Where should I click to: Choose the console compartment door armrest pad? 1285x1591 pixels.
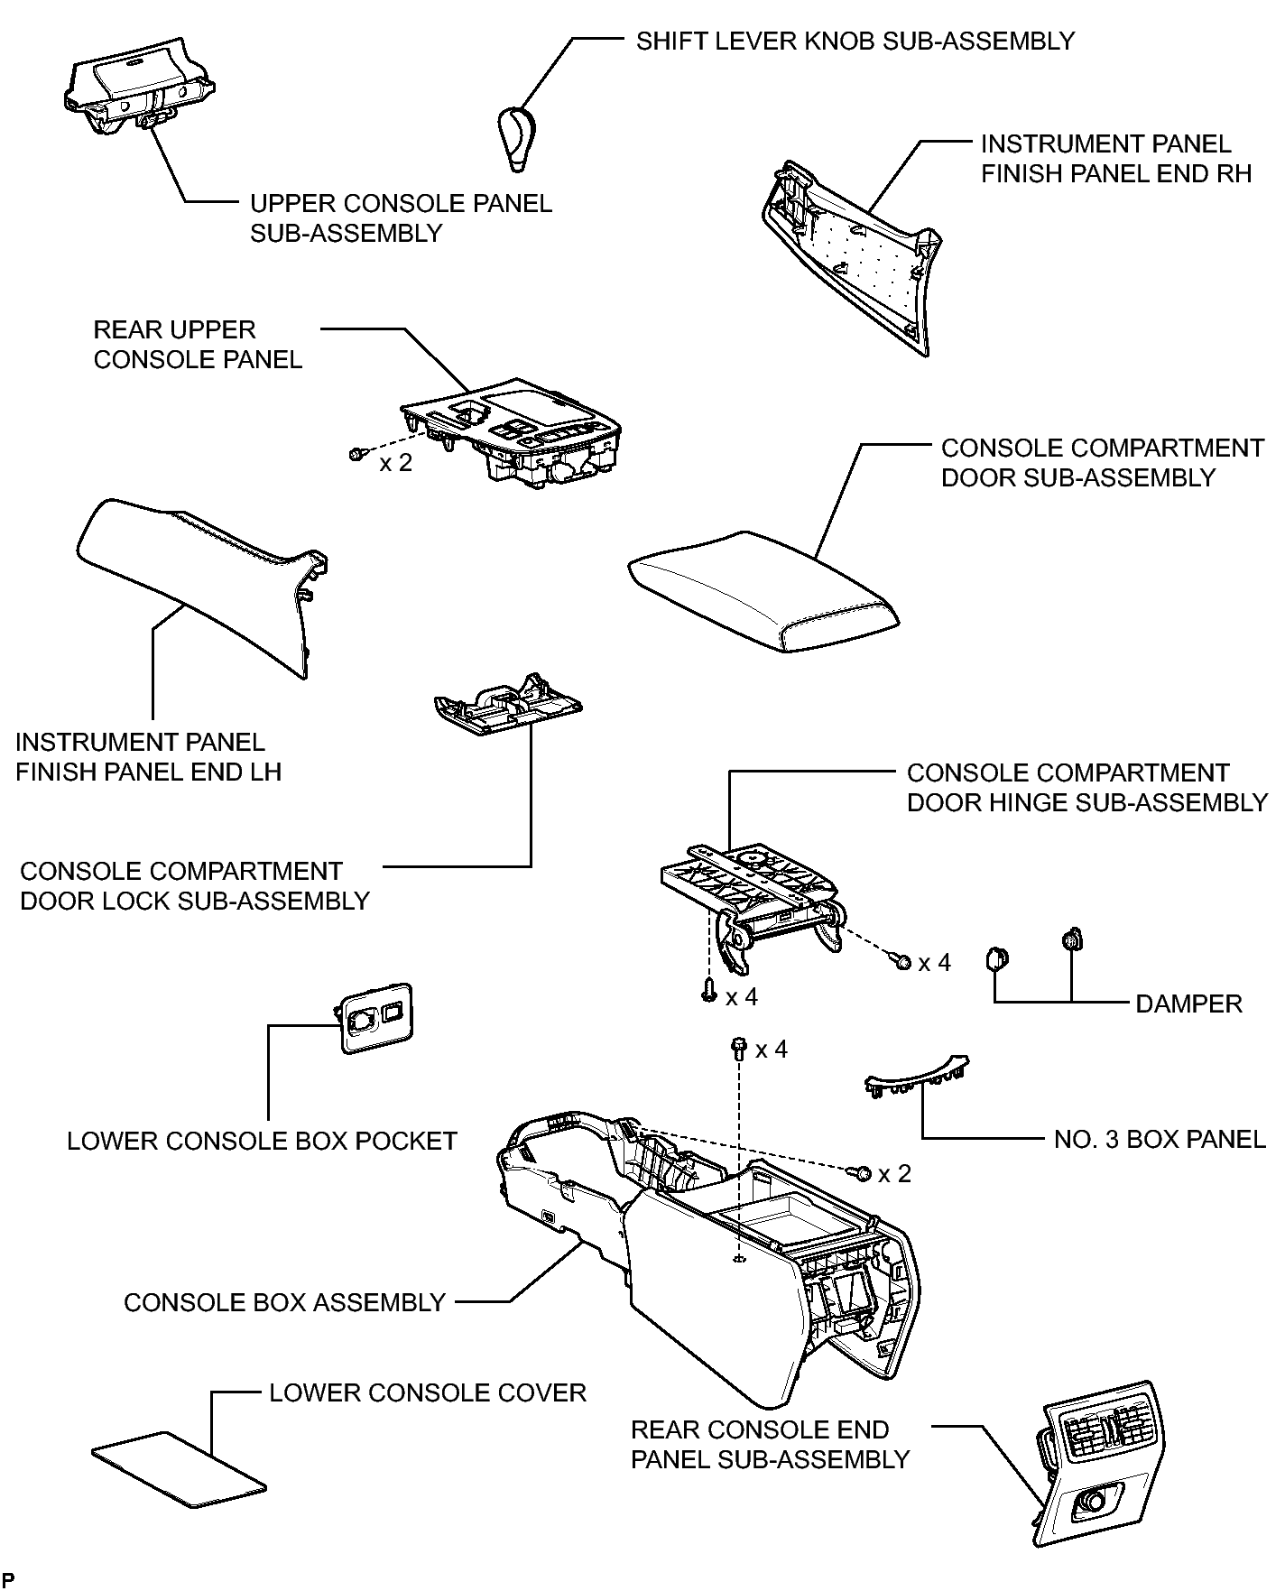coord(763,590)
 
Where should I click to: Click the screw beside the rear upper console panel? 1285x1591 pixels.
coord(356,454)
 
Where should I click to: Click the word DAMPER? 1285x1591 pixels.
coord(1188,1004)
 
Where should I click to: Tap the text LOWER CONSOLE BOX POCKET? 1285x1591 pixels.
coord(262,1141)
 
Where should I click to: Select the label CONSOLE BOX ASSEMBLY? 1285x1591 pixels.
coord(285,1302)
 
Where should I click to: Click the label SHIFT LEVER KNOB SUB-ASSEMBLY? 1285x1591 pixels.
coord(855,42)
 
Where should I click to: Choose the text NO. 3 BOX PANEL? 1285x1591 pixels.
coord(1160,1139)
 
